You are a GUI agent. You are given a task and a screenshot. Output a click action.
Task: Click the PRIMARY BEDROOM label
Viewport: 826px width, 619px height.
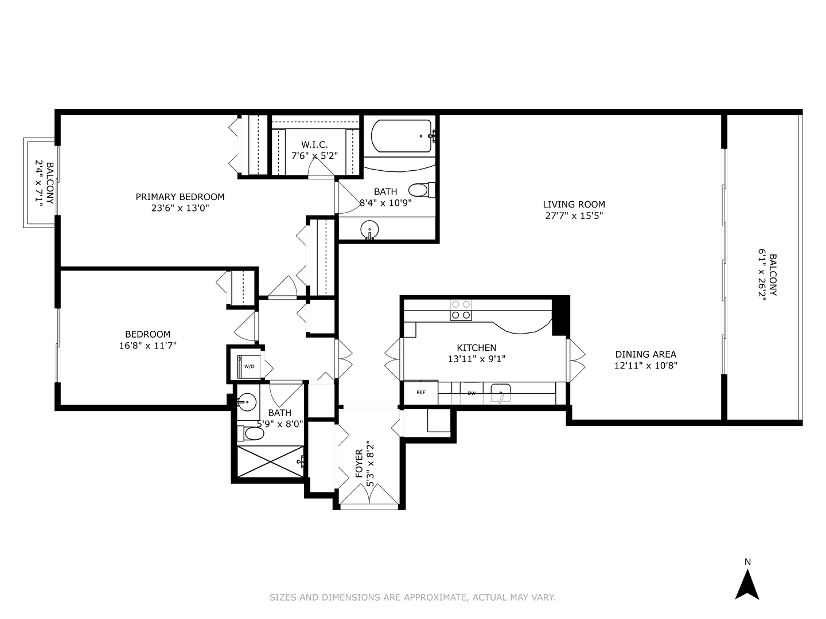pos(180,197)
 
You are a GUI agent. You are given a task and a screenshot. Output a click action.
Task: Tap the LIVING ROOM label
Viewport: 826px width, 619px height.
pos(574,204)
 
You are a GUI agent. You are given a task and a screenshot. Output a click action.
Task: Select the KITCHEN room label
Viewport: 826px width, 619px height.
pos(476,347)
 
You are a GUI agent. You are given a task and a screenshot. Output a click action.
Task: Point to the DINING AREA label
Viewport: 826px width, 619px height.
pos(645,354)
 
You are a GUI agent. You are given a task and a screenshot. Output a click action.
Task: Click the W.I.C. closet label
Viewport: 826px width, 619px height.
pos(314,144)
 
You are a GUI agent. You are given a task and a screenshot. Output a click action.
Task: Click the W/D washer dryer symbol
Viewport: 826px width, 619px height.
pos(250,366)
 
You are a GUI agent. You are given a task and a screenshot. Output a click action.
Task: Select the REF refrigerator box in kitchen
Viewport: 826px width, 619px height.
pos(420,393)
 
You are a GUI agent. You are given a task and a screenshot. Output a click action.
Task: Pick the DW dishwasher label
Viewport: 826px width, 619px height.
pos(472,393)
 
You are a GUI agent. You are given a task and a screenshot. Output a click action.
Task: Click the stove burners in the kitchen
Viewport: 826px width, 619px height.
pos(461,310)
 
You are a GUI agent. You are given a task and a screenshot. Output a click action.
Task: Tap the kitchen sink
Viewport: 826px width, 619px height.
pos(501,394)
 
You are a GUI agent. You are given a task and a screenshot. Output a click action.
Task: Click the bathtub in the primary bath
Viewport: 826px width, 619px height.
pos(402,136)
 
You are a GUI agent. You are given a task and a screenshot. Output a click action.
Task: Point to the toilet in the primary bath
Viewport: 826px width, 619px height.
pos(421,189)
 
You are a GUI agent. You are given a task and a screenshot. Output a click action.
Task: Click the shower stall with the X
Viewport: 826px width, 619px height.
pos(270,461)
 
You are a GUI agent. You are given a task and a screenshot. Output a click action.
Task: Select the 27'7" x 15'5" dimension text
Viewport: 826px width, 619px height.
pos(574,216)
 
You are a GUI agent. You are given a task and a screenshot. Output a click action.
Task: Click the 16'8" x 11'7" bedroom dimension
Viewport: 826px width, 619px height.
pos(147,345)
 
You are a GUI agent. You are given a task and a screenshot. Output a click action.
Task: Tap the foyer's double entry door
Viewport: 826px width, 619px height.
pos(369,495)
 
